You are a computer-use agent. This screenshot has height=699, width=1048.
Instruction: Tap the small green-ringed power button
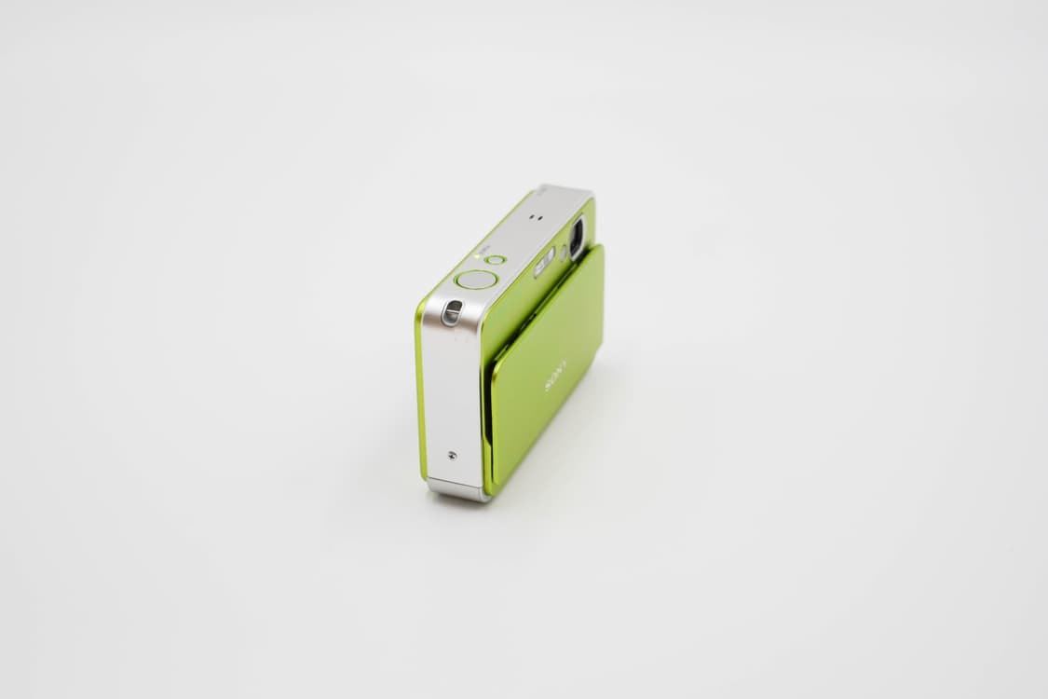coord(497,260)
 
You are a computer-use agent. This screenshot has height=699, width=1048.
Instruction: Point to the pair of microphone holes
coord(535,216)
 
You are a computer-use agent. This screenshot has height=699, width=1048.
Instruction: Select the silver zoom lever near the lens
coord(544,262)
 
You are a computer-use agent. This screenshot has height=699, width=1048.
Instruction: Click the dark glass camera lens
coord(577,237)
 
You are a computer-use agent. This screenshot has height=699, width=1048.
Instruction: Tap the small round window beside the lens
coord(564,252)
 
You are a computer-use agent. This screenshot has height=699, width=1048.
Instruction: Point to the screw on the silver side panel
coord(452,456)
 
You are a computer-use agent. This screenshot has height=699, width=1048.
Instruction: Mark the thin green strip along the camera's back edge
coord(420,391)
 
